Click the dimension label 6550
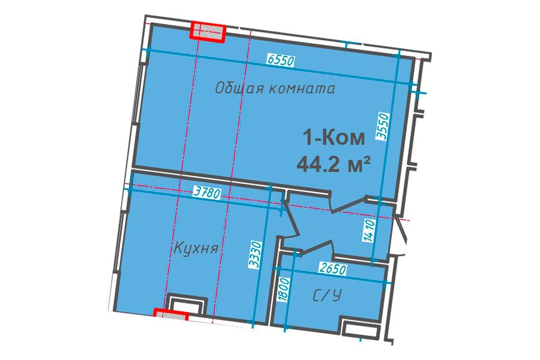pyautogui.click(x=281, y=61)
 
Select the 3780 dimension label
pyautogui.click(x=206, y=191)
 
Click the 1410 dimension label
pyautogui.click(x=368, y=231)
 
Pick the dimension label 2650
pyautogui.click(x=332, y=269)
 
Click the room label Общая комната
pyautogui.click(x=275, y=89)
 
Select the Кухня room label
pyautogui.click(x=196, y=248)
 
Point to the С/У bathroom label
pyautogui.click(x=327, y=296)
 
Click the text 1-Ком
pyautogui.click(x=334, y=138)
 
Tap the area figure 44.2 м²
pyautogui.click(x=334, y=164)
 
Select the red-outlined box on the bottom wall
pyautogui.click(x=171, y=314)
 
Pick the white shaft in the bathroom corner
pyautogui.click(x=361, y=329)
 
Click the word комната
pyautogui.click(x=301, y=89)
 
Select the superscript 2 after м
pyautogui.click(x=367, y=159)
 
